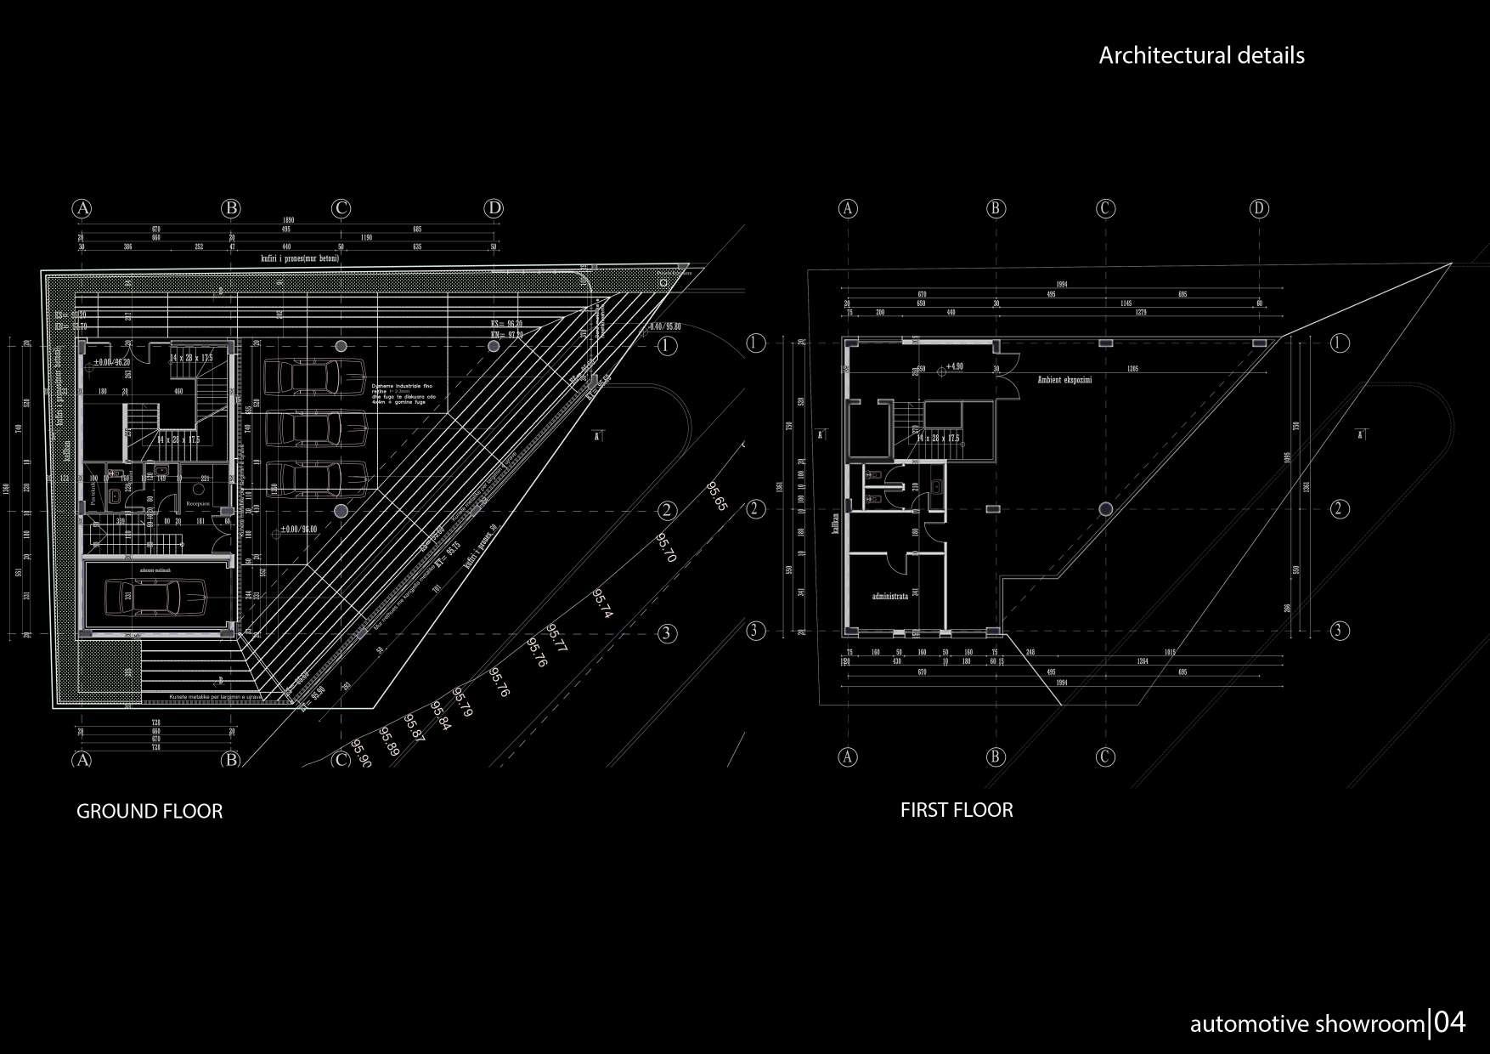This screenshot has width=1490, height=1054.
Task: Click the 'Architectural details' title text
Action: pos(1201,56)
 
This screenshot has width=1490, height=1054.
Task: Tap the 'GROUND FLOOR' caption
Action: pos(150,812)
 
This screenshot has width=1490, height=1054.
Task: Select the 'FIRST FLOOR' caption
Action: pos(957,810)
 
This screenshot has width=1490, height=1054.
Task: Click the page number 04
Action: pos(1449,1023)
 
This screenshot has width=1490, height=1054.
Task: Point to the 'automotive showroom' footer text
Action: pos(1307,1025)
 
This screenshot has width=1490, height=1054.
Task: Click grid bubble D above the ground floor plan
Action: pos(494,208)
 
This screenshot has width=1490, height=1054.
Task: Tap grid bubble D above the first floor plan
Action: pos(1259,208)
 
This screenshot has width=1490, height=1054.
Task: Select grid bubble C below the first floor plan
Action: pos(1105,756)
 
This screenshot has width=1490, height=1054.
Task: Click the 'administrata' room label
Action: pos(890,597)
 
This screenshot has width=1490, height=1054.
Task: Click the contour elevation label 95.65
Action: pos(716,496)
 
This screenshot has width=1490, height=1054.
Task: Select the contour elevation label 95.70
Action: pos(666,548)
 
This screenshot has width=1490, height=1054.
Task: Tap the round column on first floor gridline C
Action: pos(1105,509)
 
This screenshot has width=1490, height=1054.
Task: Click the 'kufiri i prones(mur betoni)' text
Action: pos(300,258)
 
